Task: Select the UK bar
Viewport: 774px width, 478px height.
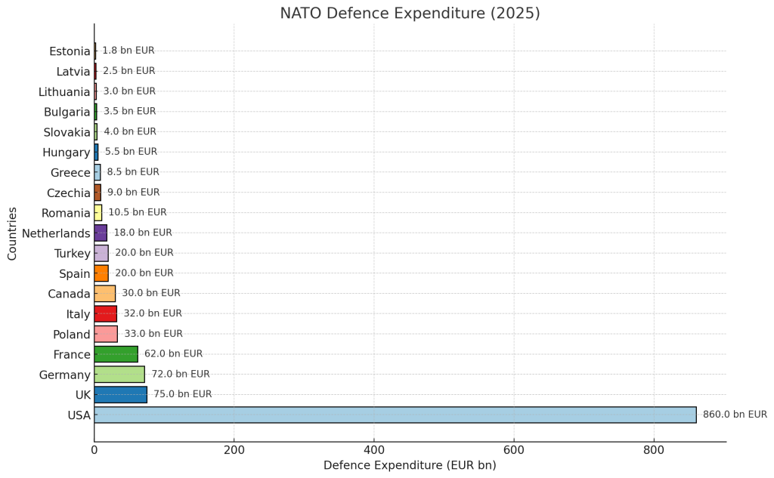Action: click(x=120, y=394)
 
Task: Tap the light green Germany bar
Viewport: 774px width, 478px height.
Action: click(x=119, y=374)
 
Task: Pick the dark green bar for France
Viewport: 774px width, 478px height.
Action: click(x=116, y=353)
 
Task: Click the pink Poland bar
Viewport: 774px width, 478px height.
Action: click(x=106, y=334)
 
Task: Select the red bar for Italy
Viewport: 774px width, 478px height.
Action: click(x=105, y=313)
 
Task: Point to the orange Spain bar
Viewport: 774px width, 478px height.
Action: click(x=101, y=273)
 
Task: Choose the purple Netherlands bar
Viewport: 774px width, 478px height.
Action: click(x=101, y=233)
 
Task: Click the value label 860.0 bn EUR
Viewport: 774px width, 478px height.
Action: click(x=735, y=415)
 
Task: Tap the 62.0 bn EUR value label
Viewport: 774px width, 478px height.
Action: click(x=173, y=353)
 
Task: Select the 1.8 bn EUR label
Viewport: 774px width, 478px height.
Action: click(x=128, y=51)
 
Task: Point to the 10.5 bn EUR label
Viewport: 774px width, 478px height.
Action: click(x=138, y=212)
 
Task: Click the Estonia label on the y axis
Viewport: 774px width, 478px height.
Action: click(x=70, y=51)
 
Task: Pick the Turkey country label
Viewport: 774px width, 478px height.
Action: click(x=72, y=253)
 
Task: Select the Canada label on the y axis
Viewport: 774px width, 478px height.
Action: click(x=69, y=294)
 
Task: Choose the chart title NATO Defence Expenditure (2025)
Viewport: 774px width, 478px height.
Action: click(x=410, y=14)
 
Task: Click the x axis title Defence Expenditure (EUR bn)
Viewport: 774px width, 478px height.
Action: click(x=410, y=466)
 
